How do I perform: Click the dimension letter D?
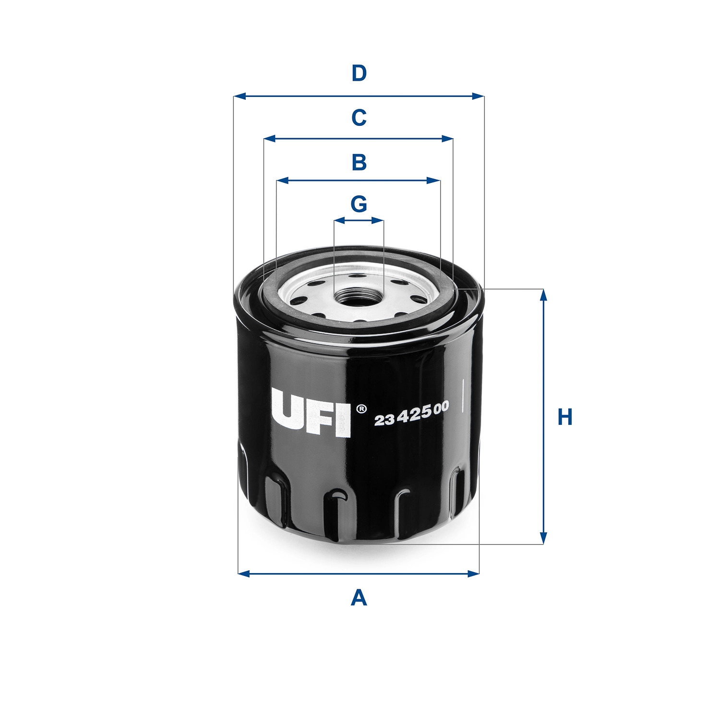tap(359, 73)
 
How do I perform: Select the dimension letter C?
tap(359, 118)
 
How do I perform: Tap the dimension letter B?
tap(359, 162)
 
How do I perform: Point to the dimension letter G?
tap(359, 204)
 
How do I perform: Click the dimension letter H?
tap(565, 417)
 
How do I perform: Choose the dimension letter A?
tap(359, 598)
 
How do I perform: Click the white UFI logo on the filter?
tap(311, 412)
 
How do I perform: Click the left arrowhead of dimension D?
tap(239, 96)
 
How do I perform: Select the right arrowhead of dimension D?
tap(479, 96)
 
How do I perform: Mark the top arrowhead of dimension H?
tap(543, 295)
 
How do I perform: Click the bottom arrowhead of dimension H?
tap(543, 539)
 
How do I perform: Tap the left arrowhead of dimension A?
tap(243, 573)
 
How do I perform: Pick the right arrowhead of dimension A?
tap(474, 573)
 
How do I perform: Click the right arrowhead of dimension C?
tap(448, 139)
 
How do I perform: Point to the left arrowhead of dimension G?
tap(339, 221)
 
